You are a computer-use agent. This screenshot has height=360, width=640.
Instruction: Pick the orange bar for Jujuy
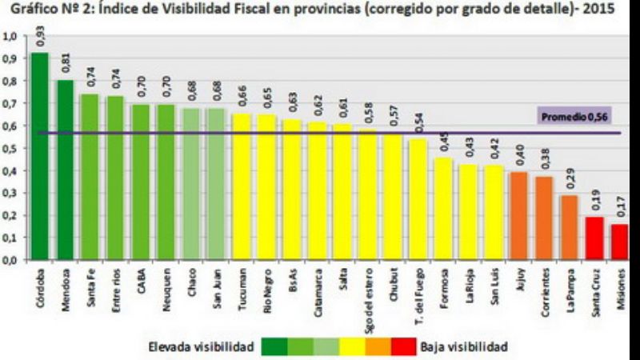pyautogui.click(x=518, y=216)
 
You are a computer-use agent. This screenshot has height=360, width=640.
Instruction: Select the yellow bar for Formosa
pyautogui.click(x=443, y=209)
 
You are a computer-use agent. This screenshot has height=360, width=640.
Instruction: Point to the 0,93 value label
pyautogui.click(x=41, y=38)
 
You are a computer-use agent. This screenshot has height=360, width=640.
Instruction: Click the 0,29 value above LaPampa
pyautogui.click(x=570, y=181)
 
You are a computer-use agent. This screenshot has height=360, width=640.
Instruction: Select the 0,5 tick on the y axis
pyautogui.click(x=13, y=149)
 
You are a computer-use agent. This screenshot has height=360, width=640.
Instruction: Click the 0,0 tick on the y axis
pyautogui.click(x=13, y=261)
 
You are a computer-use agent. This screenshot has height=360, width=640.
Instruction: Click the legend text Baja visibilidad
pyautogui.click(x=463, y=346)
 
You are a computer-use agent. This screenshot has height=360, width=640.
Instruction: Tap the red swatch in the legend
pyautogui.click(x=404, y=346)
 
